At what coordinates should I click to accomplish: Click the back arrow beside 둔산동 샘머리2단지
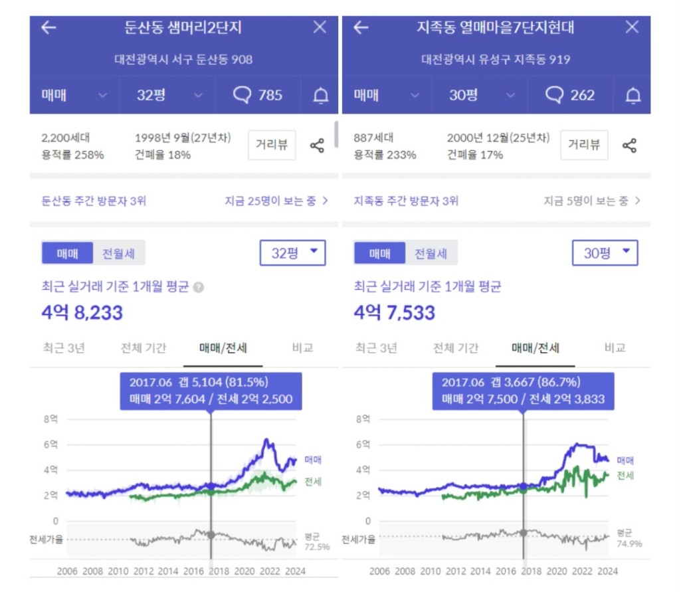click(49, 27)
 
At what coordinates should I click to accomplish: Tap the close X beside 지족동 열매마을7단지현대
click(632, 27)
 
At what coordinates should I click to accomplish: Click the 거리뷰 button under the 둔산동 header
click(272, 145)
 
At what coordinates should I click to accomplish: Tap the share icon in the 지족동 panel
click(629, 146)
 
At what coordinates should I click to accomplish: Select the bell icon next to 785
click(321, 96)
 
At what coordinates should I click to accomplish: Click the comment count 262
click(570, 95)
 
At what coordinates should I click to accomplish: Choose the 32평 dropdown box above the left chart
click(292, 252)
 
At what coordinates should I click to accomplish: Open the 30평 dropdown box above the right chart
click(605, 252)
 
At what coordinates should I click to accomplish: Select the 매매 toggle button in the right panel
click(379, 253)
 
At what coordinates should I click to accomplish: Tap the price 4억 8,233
click(82, 312)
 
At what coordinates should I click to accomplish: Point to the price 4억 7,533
click(395, 312)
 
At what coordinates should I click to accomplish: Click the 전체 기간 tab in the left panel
click(144, 347)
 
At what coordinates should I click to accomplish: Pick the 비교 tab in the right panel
click(615, 347)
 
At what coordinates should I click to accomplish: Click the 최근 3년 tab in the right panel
click(376, 347)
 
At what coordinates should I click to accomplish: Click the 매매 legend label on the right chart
click(625, 460)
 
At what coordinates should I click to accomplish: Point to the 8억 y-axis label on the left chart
click(50, 419)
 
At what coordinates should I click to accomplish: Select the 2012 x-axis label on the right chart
click(455, 571)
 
